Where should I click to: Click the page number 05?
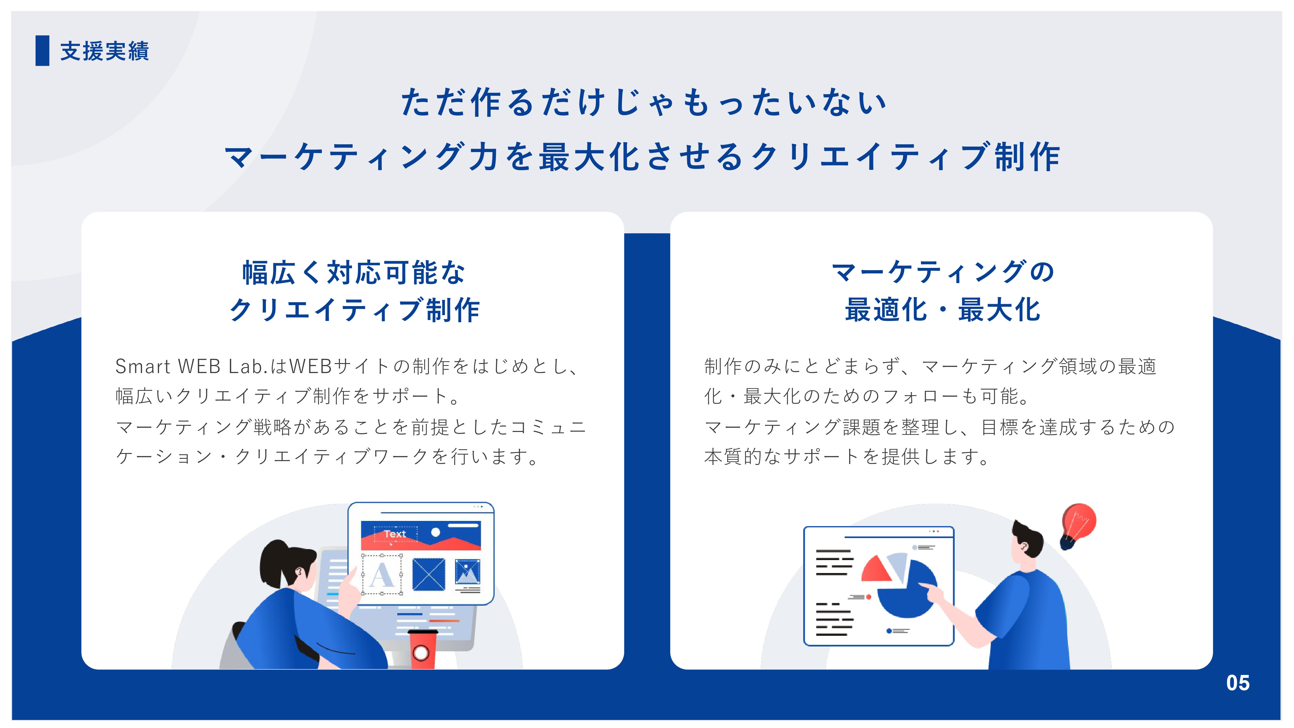(x=1237, y=683)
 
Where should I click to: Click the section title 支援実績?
(x=104, y=51)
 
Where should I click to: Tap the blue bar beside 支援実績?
(x=42, y=51)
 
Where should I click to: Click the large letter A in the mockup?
(x=381, y=575)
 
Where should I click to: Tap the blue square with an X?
(x=429, y=575)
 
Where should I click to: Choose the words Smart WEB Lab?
(x=191, y=366)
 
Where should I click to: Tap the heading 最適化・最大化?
(x=942, y=310)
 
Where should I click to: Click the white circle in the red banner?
(x=435, y=532)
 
